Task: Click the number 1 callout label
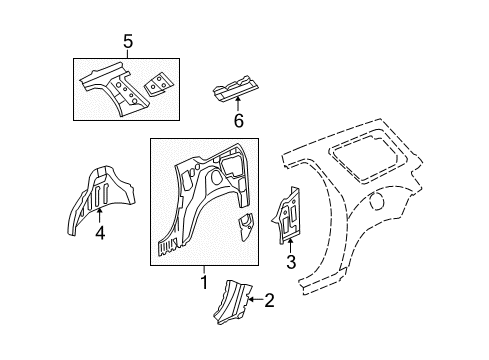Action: (x=203, y=282)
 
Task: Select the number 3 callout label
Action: (x=290, y=263)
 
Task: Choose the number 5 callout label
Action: (x=127, y=41)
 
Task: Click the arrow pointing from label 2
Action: (x=253, y=298)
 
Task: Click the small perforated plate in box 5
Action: (x=157, y=84)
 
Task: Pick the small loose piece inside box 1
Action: (x=244, y=226)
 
